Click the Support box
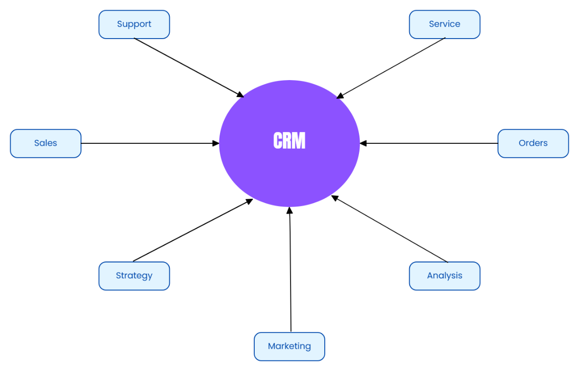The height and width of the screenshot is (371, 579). (134, 25)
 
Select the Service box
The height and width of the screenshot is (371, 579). (444, 25)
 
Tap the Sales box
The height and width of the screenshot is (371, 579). (46, 143)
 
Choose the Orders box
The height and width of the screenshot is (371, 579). (533, 143)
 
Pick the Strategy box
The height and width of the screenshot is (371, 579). (134, 276)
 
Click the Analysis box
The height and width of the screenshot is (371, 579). (444, 276)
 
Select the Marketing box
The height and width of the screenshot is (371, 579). (289, 346)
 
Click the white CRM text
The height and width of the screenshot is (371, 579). (289, 141)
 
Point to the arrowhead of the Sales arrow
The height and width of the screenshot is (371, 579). (216, 143)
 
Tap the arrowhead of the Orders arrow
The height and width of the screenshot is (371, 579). (363, 143)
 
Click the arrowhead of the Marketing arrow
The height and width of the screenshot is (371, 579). (289, 210)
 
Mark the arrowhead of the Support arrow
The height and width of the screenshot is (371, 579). (240, 94)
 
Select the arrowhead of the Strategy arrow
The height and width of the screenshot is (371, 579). (249, 201)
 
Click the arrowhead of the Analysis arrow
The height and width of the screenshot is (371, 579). (334, 197)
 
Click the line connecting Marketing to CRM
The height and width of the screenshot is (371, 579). (290, 270)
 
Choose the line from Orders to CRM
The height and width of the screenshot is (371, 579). (429, 143)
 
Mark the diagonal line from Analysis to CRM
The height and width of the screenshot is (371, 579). (391, 230)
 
